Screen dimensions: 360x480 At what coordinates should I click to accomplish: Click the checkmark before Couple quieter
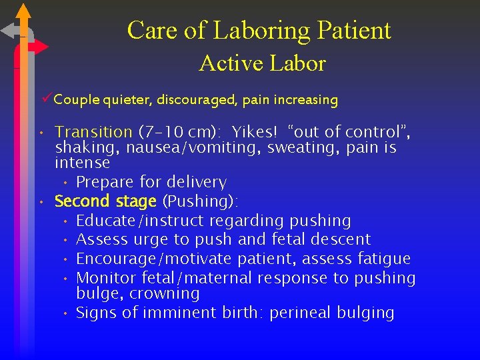click(x=46, y=99)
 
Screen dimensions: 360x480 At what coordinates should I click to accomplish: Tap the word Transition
click(x=93, y=132)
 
